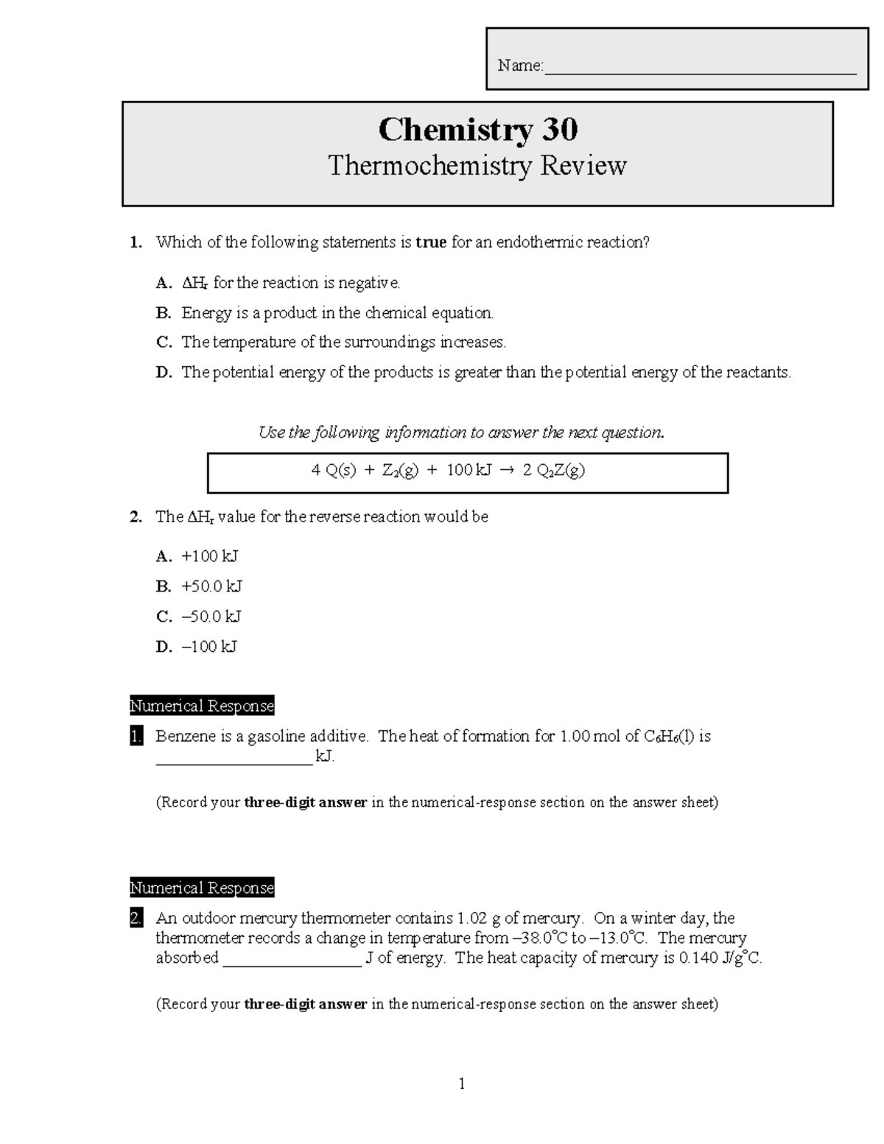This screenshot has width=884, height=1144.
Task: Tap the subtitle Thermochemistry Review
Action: [x=477, y=166]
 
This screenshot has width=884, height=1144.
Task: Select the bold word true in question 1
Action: [x=431, y=242]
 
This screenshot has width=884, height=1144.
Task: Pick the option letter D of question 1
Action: [x=164, y=373]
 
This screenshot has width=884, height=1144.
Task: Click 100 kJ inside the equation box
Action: [x=468, y=471]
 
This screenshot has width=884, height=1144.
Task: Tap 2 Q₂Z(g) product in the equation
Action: [x=553, y=471]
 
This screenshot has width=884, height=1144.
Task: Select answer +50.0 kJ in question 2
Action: [x=211, y=586]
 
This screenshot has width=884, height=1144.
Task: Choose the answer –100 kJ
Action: [x=209, y=647]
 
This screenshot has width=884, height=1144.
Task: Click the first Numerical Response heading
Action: [x=202, y=706]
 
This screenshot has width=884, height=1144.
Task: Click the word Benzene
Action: [x=183, y=736]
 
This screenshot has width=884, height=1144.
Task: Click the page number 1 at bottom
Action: [x=462, y=1084]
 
